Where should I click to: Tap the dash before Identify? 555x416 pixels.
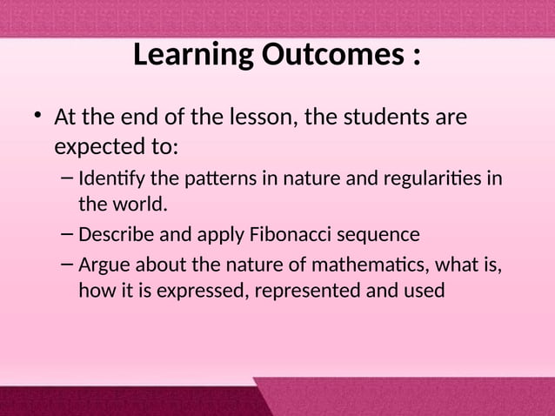click(x=68, y=180)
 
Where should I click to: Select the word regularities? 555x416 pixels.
click(x=429, y=181)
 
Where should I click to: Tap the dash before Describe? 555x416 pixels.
click(x=68, y=234)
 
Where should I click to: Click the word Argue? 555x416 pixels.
click(x=102, y=265)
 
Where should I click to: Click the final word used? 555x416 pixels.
click(x=425, y=289)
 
